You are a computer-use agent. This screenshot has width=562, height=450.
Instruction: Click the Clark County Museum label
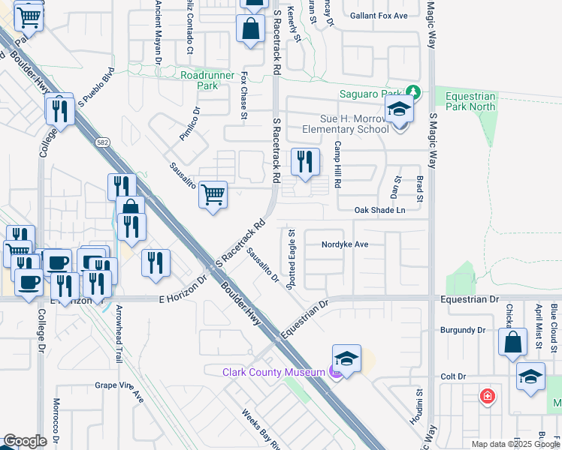click(271, 372)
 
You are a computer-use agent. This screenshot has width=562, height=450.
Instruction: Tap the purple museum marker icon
click(336, 372)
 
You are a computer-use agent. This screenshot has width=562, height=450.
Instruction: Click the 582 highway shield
click(102, 142)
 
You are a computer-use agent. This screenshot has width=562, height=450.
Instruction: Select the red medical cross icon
click(488, 395)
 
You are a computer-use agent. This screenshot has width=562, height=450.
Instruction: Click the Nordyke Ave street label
click(345, 244)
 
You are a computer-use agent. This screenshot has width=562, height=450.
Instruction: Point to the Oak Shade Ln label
click(379, 210)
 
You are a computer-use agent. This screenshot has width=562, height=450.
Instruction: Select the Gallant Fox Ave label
click(380, 16)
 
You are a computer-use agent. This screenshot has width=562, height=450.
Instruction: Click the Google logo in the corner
click(25, 441)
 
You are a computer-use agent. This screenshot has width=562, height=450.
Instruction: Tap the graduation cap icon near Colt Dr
click(530, 376)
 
